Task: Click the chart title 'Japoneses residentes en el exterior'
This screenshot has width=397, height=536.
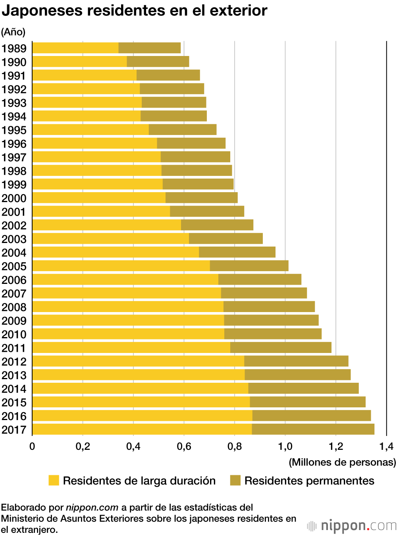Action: [x=134, y=11]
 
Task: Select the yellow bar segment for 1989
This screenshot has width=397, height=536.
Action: [x=75, y=48]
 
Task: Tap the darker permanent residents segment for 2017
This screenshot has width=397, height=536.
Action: [x=313, y=429]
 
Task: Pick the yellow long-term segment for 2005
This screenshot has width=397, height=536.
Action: [x=121, y=266]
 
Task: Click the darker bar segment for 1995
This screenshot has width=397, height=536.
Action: [x=183, y=130]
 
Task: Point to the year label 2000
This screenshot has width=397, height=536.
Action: [x=14, y=198]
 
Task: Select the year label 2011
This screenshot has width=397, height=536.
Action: [x=14, y=348]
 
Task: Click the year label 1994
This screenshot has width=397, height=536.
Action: [x=14, y=117]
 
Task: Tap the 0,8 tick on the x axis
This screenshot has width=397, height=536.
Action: [x=235, y=446]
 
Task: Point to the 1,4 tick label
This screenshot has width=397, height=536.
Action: [x=386, y=446]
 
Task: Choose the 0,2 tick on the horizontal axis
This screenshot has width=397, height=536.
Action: [x=83, y=446]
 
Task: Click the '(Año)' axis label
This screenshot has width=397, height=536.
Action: [x=13, y=32]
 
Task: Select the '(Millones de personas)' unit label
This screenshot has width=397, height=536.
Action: [x=342, y=462]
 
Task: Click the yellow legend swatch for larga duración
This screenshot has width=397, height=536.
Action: [x=54, y=480]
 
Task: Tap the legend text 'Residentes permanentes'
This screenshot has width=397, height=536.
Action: [x=309, y=481]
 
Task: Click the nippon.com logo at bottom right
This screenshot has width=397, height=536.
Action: [x=352, y=526]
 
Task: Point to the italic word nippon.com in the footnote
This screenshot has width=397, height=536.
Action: [x=92, y=507]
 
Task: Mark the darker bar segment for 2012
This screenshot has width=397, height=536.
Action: [x=296, y=361]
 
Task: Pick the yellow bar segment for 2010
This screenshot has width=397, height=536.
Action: [x=128, y=334]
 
